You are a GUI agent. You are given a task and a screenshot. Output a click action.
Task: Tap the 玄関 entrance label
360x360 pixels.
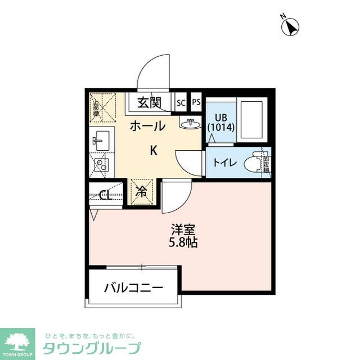click(x=150, y=103)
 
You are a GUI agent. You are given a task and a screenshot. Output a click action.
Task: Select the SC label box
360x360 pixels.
click(x=181, y=103)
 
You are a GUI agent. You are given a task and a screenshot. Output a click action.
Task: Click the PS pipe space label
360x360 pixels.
click(x=196, y=102)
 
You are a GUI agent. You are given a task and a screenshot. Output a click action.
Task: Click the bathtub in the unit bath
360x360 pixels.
click(x=251, y=120)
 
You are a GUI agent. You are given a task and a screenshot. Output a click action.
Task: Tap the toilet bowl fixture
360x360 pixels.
click(x=259, y=163)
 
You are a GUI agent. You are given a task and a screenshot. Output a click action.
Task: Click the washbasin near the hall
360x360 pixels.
click(x=190, y=123)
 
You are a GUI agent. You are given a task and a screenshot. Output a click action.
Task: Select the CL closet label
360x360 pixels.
click(x=105, y=196)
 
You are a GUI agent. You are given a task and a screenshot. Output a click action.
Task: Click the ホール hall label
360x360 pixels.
click(x=147, y=126)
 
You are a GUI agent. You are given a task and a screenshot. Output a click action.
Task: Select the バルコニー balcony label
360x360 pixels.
click(x=133, y=288)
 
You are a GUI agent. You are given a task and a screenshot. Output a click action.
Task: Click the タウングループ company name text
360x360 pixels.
click(x=92, y=348)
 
